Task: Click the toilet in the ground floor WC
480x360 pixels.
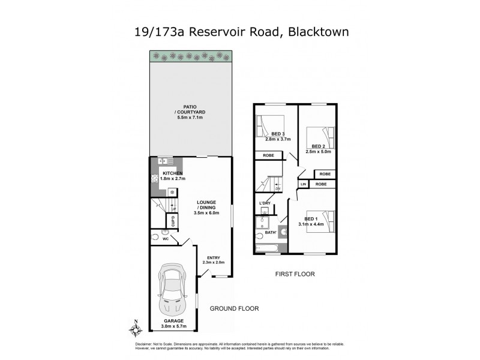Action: [x=155, y=235]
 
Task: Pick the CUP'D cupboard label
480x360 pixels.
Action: [x=173, y=220]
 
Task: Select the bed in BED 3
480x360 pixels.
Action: [x=266, y=125]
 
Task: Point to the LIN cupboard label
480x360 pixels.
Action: [x=304, y=184]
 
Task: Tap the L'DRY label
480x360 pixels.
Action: [x=264, y=204]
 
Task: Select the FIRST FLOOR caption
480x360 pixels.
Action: [x=295, y=274]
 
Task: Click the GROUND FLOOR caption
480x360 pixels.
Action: [x=234, y=309]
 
